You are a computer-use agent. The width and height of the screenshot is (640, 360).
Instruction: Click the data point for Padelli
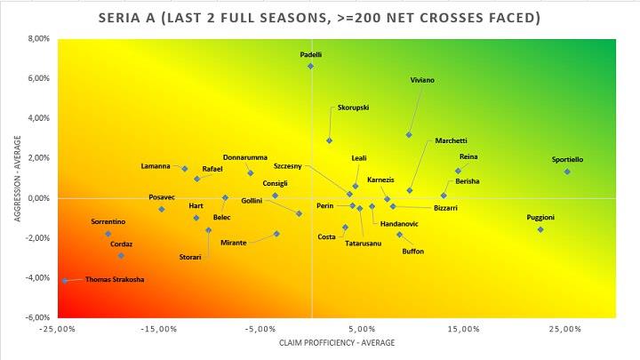(x=311, y=66)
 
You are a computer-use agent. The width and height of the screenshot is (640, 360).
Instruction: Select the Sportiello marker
(x=567, y=172)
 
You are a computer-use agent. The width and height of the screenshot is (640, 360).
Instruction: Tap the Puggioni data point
(x=540, y=229)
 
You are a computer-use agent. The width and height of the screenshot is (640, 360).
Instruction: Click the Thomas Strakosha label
(x=115, y=280)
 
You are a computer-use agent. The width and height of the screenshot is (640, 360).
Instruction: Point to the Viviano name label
(x=422, y=80)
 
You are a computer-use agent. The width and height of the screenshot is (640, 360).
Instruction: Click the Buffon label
(x=413, y=252)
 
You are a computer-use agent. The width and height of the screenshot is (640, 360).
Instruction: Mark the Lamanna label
(x=155, y=166)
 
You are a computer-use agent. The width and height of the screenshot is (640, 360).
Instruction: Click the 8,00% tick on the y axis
(x=38, y=38)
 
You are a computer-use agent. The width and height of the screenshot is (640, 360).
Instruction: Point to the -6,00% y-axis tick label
(x=36, y=317)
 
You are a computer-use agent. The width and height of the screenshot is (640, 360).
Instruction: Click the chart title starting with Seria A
(x=319, y=18)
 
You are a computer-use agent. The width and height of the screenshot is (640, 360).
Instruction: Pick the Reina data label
(x=468, y=157)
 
